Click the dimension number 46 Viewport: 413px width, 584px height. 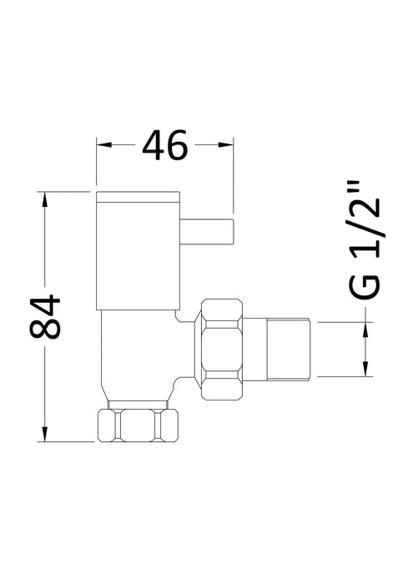click(x=165, y=146)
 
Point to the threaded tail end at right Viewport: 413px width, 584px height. click(x=288, y=348)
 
